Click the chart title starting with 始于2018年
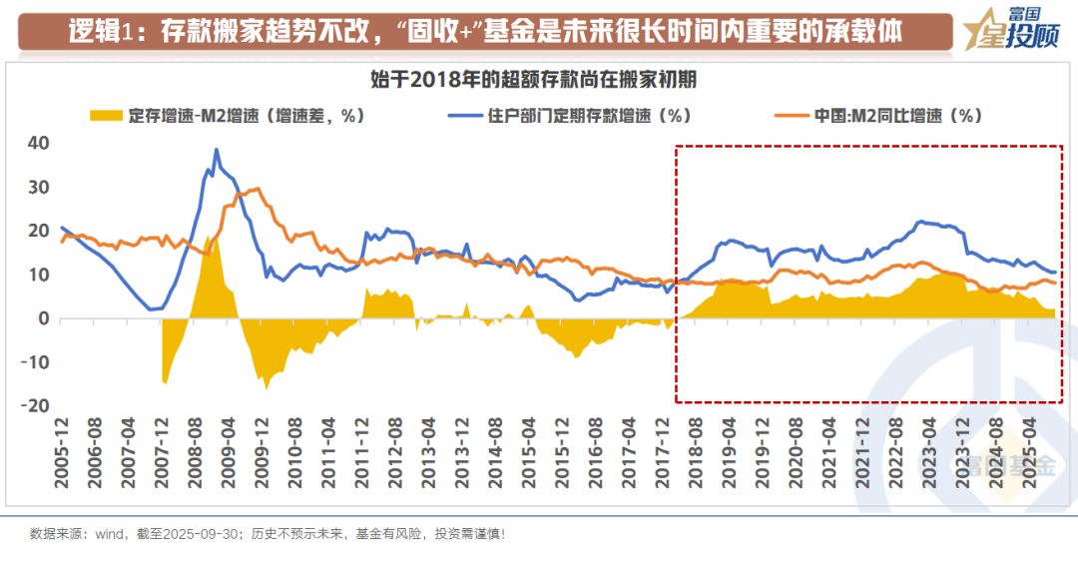[539, 80]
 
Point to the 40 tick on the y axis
[39, 143]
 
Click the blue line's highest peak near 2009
[217, 150]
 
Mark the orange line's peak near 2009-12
[258, 188]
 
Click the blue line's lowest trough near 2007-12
[152, 309]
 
